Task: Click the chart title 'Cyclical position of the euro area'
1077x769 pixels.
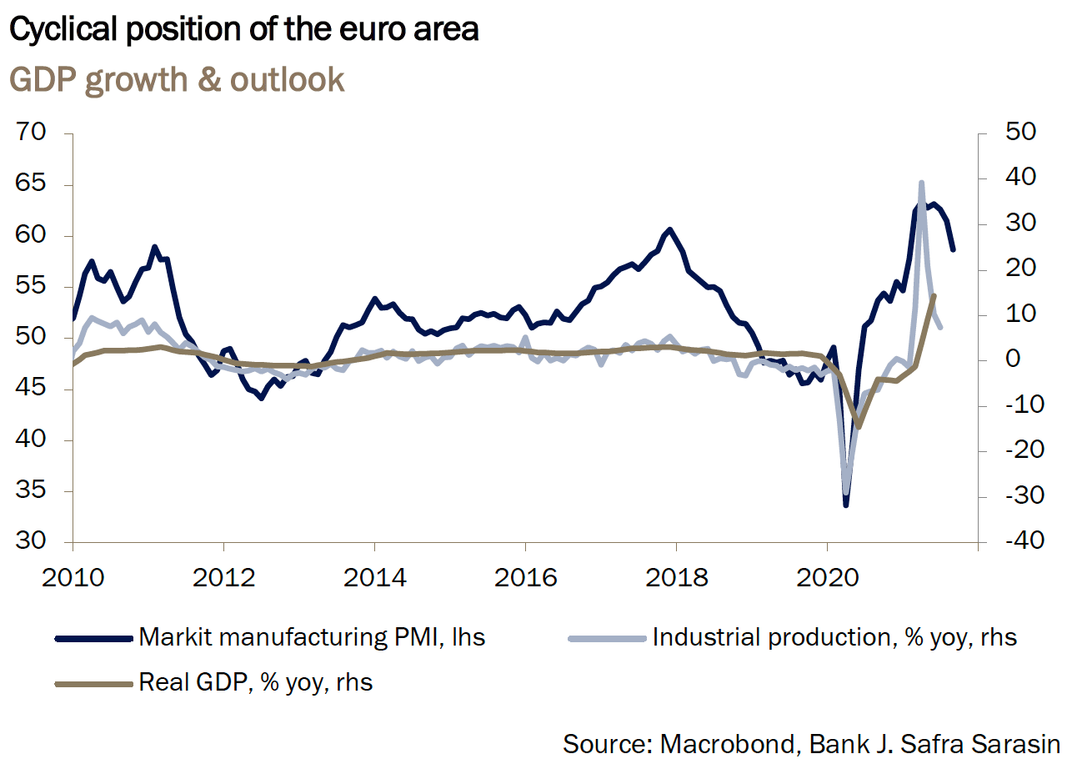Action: point(243,31)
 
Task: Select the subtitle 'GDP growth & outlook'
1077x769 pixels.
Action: point(176,79)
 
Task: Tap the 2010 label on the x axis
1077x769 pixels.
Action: point(73,576)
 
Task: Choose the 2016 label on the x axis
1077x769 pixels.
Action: point(525,576)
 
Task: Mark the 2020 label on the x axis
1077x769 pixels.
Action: point(827,576)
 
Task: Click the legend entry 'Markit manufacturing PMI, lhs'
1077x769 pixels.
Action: point(312,638)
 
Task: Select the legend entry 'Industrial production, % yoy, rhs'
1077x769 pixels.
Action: point(834,638)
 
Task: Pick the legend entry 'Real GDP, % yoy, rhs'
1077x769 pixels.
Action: point(255,682)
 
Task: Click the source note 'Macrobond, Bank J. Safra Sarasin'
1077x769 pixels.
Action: point(859,743)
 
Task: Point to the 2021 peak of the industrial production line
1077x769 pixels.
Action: point(921,182)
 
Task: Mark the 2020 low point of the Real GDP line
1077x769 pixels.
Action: point(859,426)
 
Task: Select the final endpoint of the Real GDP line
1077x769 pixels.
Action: point(934,295)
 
